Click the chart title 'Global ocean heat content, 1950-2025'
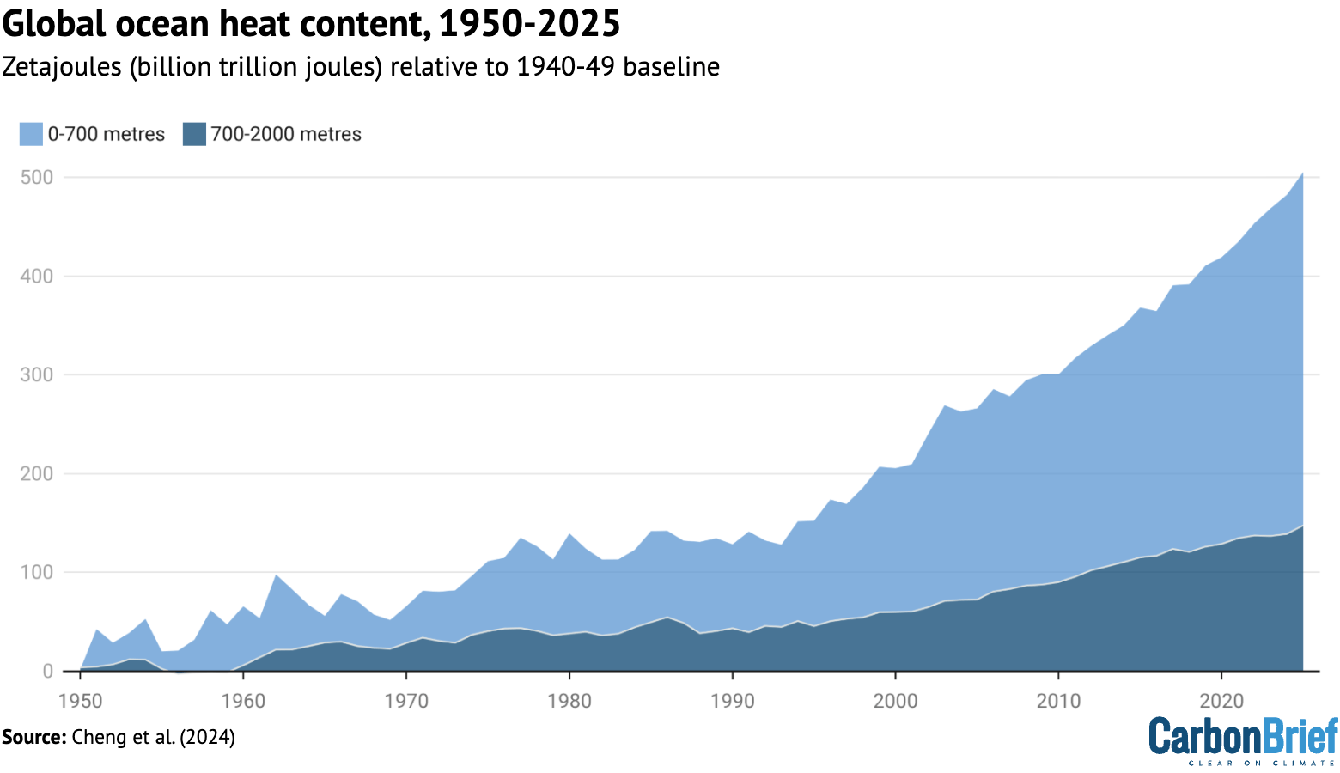pos(311,24)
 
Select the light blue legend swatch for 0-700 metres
pos(31,134)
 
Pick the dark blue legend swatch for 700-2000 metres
pos(194,134)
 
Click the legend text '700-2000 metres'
pos(286,134)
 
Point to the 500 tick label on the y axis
pos(37,178)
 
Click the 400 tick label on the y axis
pos(37,277)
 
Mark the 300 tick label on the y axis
pos(37,375)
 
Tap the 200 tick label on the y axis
pos(37,474)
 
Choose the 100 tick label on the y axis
pos(37,573)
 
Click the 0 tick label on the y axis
pos(47,672)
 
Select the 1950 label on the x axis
pos(80,701)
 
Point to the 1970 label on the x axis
pos(406,701)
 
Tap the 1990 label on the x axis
pos(733,701)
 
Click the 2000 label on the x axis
pos(895,701)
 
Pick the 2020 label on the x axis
pos(1221,701)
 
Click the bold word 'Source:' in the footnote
pos(33,737)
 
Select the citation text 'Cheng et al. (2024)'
pos(154,737)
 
